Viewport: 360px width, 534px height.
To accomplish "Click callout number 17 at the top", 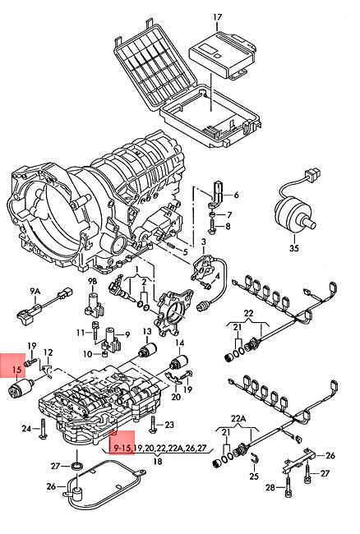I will click(217, 17).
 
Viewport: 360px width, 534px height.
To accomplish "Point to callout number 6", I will click(236, 195).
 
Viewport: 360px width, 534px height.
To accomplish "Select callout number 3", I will click(202, 242).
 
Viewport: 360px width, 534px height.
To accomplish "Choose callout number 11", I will click(81, 332).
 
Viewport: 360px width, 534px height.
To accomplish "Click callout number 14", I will click(180, 342).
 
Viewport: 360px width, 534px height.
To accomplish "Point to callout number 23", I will click(170, 424).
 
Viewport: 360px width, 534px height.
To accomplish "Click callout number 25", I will click(255, 476).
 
